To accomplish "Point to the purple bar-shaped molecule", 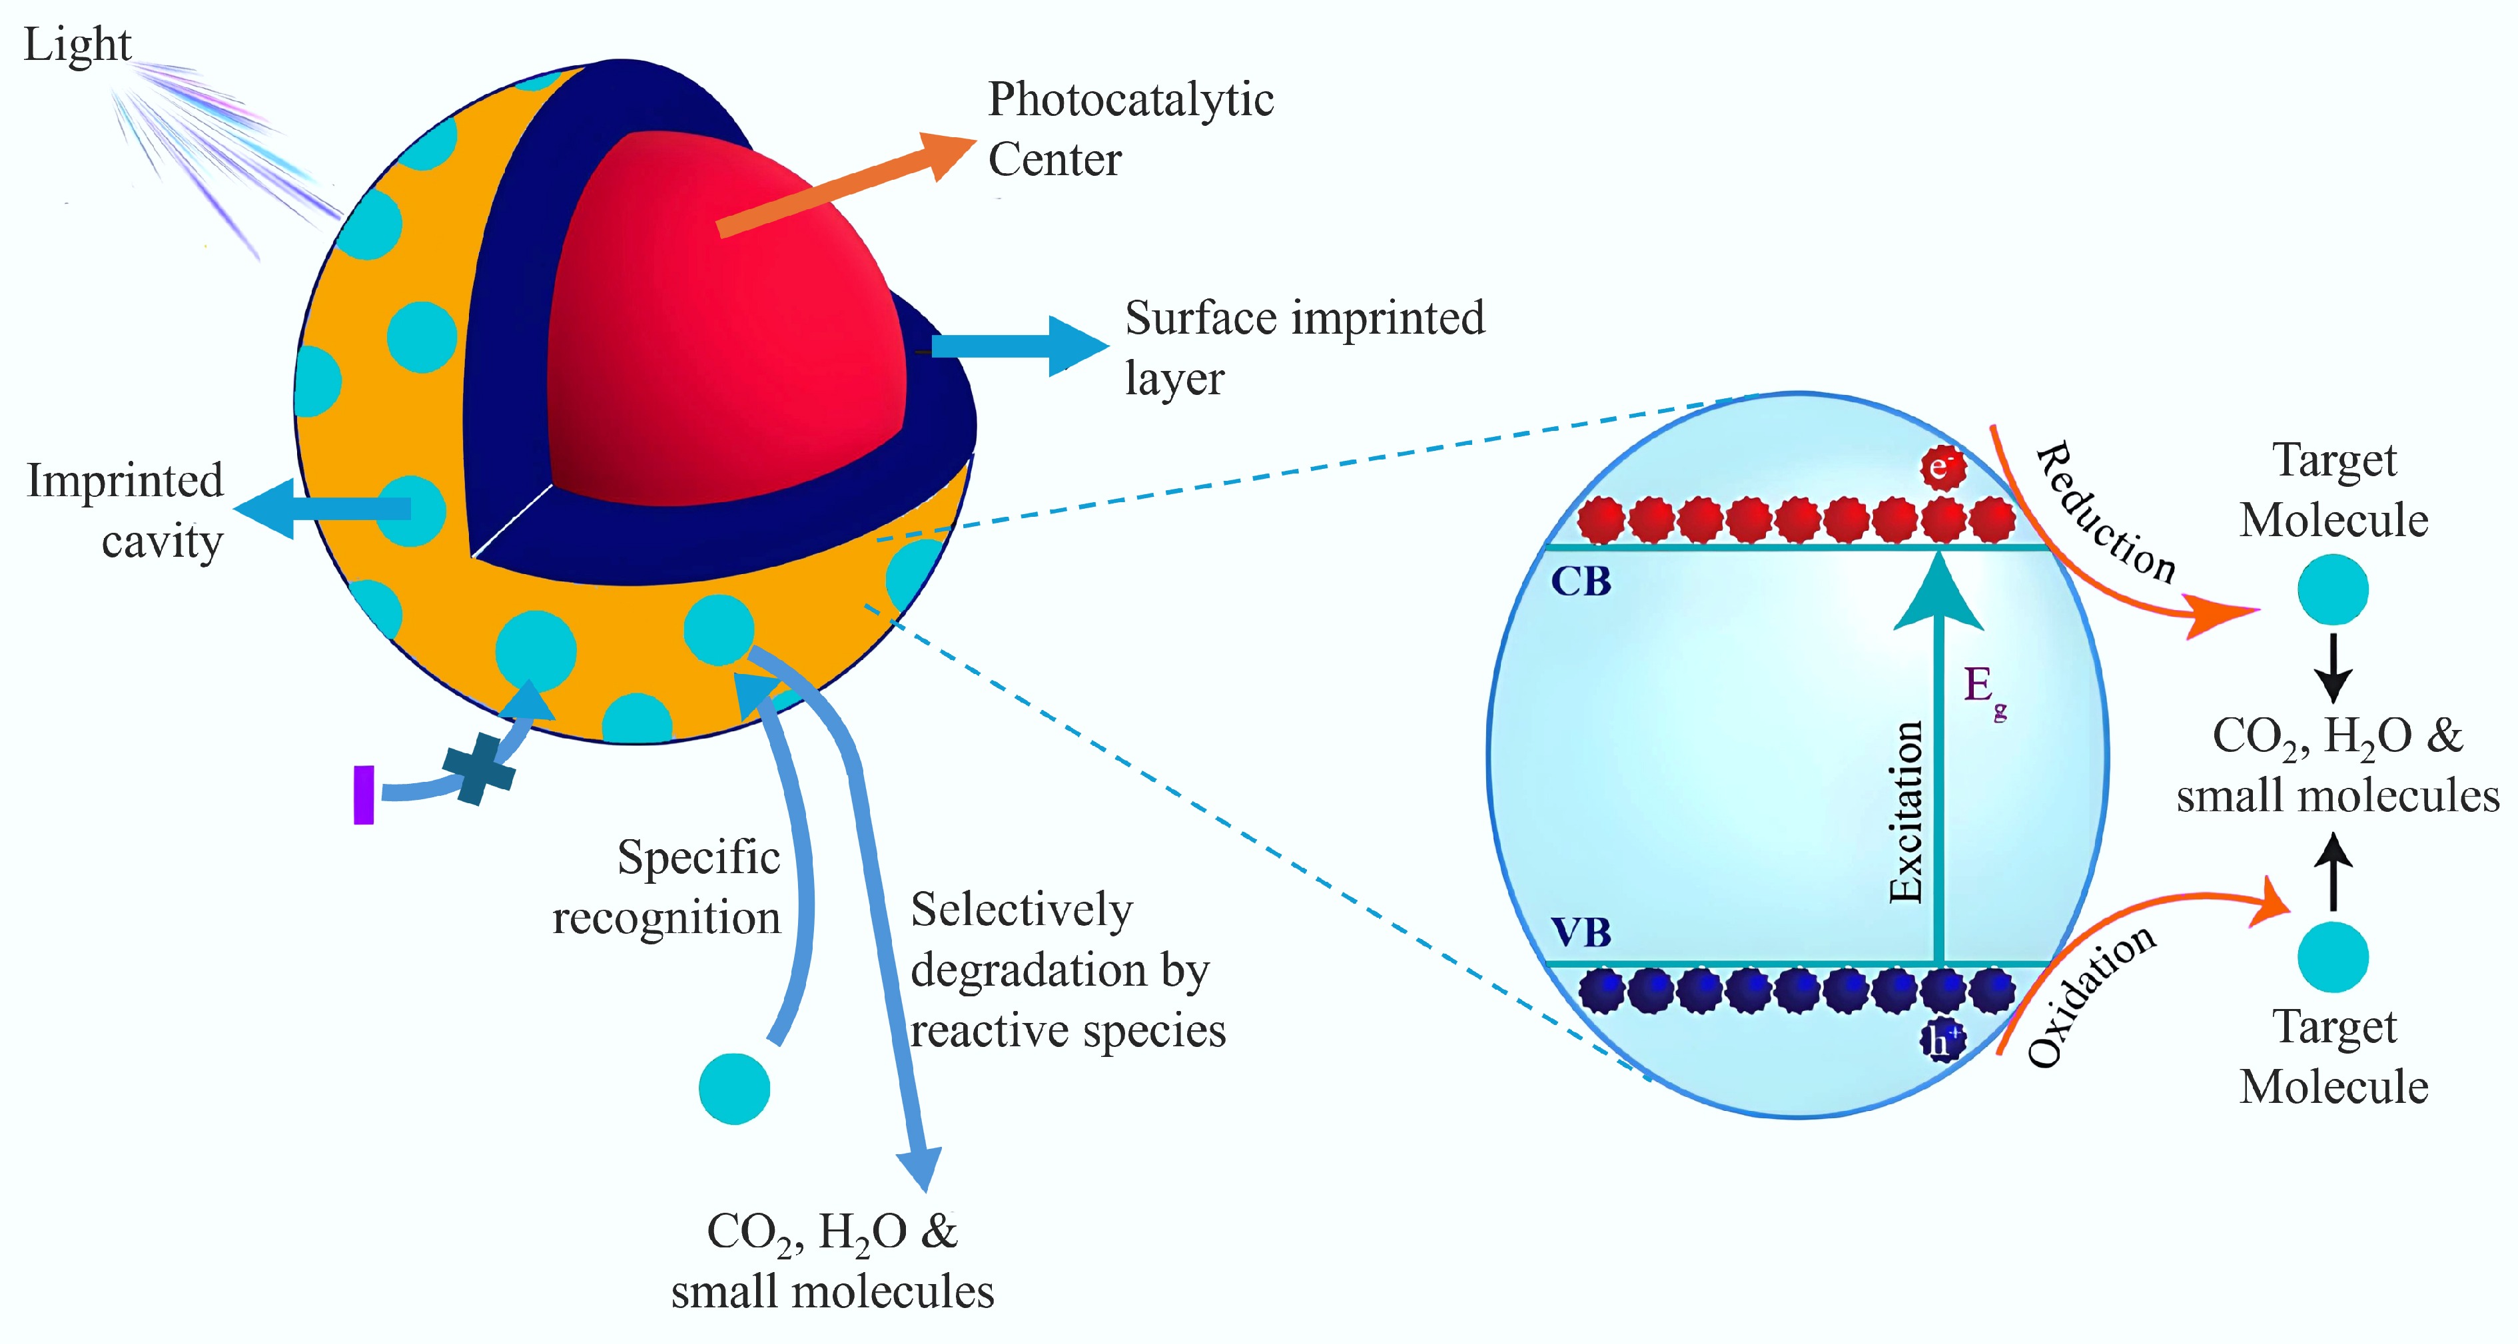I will (x=364, y=795).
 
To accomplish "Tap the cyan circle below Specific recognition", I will (x=734, y=1088).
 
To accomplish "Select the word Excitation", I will (x=1906, y=811).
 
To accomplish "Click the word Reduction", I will (x=2106, y=513).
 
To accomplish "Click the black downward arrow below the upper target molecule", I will (x=2333, y=669).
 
